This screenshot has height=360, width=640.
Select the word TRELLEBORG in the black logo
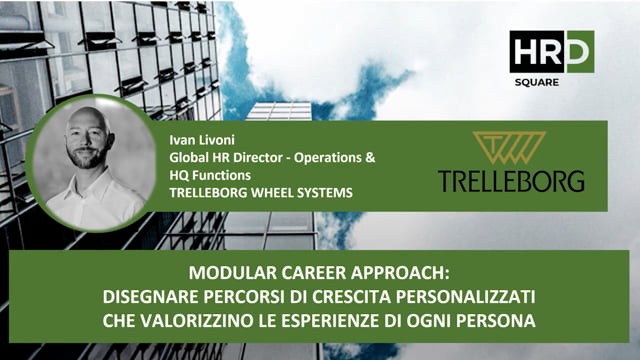coord(511,181)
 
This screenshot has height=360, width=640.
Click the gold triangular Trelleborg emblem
coord(511,148)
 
